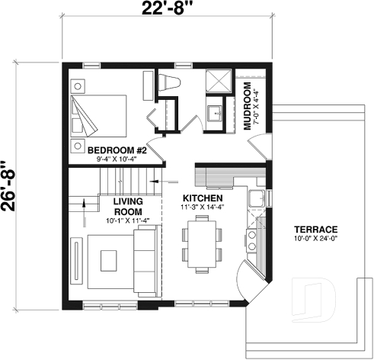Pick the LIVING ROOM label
tap(129, 206)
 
